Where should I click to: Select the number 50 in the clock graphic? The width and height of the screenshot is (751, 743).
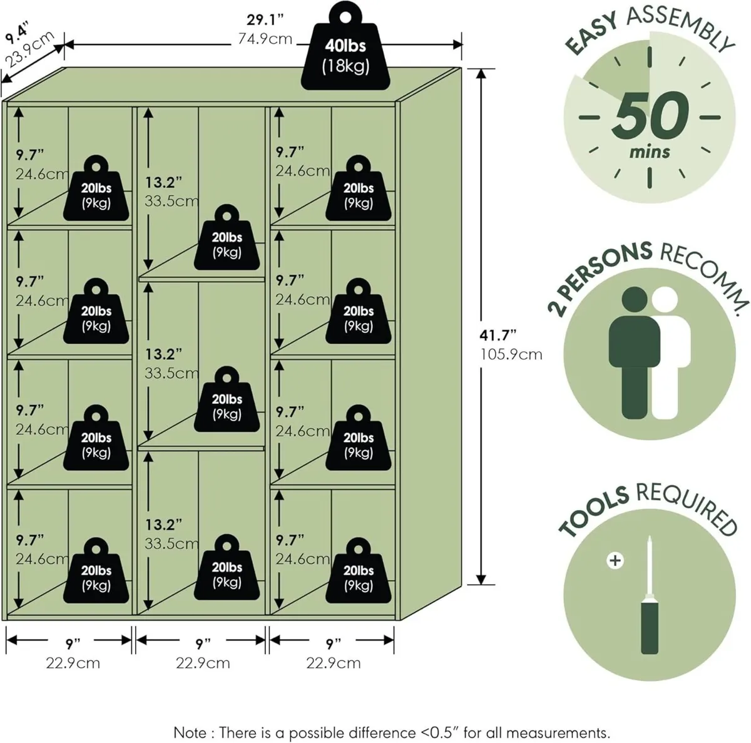coord(650,116)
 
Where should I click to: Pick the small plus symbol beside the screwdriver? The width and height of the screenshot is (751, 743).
coord(615,560)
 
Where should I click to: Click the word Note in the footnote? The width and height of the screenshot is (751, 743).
coord(189,732)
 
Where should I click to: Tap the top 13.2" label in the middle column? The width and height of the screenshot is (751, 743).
coord(163,182)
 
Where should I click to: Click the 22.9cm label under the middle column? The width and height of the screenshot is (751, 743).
coord(203,663)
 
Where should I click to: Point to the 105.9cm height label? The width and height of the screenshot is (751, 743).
coord(511,354)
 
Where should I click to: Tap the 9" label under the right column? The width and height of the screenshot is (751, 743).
coord(333,643)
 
